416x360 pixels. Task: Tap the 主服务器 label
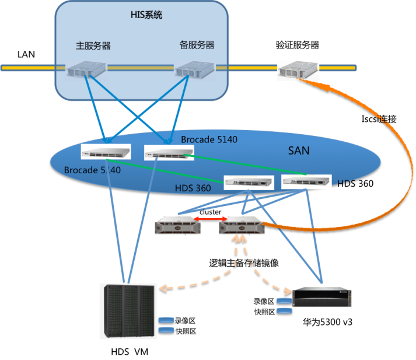coord(93,45)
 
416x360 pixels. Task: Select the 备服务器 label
coord(197,45)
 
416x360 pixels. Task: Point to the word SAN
coord(299,151)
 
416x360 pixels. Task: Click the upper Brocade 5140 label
coord(209,140)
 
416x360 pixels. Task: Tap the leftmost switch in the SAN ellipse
coord(106,152)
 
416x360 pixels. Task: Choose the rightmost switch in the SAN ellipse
coord(306,181)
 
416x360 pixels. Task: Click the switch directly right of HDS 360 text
coord(249,183)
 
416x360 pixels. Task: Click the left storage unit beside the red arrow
coord(177,226)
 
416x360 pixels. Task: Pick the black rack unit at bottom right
coord(322,296)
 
